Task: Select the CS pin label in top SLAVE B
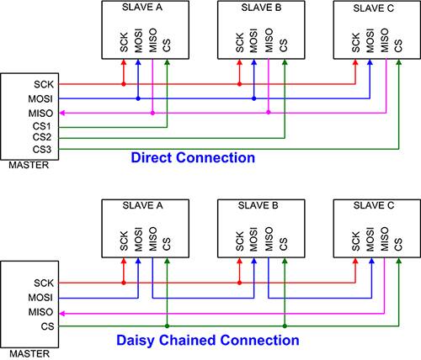[x=284, y=45]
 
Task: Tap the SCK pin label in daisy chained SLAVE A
[x=122, y=238]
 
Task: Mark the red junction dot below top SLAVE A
[x=122, y=85]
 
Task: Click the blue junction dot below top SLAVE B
[x=253, y=98]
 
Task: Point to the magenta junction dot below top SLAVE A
[x=152, y=113]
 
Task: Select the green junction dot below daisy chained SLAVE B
[x=284, y=325]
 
